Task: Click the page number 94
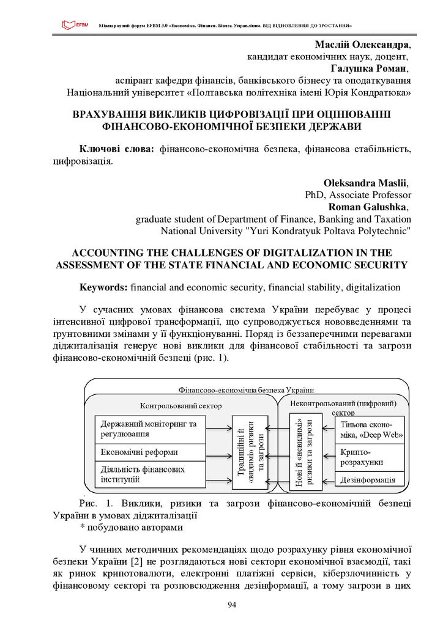[x=232, y=605]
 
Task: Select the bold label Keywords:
[x=103, y=287]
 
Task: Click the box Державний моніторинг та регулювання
[x=151, y=429]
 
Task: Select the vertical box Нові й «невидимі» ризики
[x=305, y=452]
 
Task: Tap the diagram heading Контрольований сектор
[x=181, y=405]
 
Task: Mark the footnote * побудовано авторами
[x=131, y=526]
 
